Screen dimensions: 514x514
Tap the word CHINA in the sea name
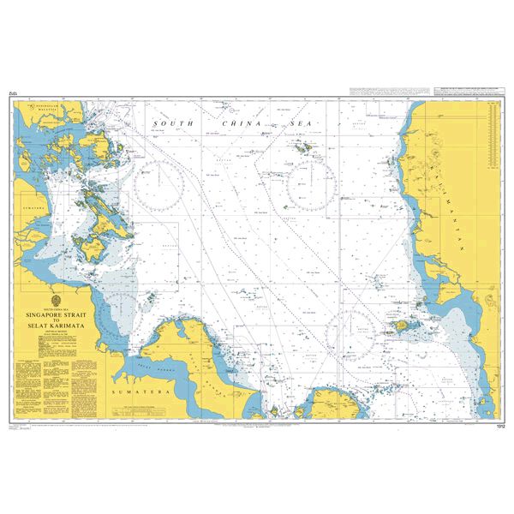237,124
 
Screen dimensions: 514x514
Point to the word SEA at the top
299,124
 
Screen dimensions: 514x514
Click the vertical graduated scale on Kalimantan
493,134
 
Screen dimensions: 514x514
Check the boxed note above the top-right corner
421,90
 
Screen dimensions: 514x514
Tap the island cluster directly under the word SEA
301,148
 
